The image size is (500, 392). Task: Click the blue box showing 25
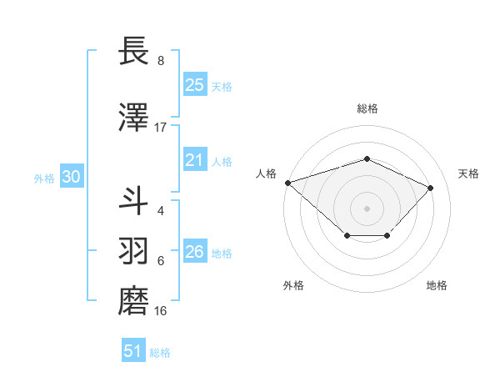click(x=195, y=84)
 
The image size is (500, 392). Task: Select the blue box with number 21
click(x=195, y=160)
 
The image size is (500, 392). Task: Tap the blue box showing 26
click(x=195, y=252)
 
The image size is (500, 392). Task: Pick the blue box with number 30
click(x=71, y=177)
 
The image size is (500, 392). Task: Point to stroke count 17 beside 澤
click(x=161, y=128)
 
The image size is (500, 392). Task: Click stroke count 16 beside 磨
click(x=161, y=311)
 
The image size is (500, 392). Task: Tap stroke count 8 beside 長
click(x=161, y=61)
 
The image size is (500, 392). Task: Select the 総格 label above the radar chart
click(x=367, y=108)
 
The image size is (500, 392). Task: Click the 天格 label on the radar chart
click(x=469, y=173)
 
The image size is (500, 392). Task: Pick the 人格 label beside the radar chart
click(x=266, y=173)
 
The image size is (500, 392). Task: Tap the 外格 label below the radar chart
click(x=293, y=286)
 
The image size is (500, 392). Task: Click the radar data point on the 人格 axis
click(x=287, y=183)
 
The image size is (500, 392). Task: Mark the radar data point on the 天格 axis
click(x=430, y=188)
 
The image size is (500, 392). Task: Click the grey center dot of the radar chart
click(x=367, y=208)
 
